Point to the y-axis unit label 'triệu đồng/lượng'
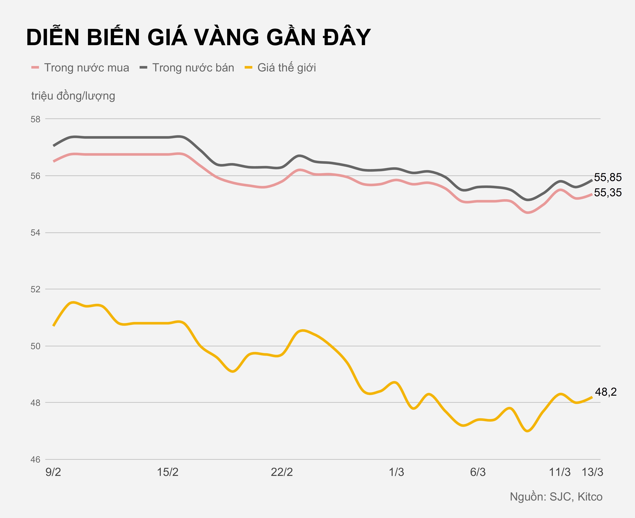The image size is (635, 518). tap(73, 96)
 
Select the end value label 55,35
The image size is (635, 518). tap(608, 193)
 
